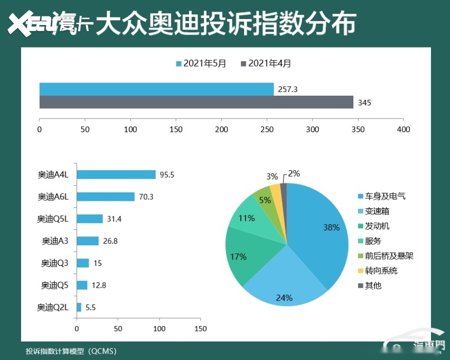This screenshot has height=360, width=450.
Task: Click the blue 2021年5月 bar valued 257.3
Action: click(156, 89)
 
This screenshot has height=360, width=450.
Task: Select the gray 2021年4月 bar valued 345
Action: click(196, 102)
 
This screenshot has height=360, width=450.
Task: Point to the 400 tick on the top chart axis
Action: click(404, 129)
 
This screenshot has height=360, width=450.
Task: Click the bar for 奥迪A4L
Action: click(116, 174)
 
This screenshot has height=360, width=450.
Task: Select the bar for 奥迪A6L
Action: click(106, 197)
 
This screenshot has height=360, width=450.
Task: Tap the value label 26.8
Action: click(109, 241)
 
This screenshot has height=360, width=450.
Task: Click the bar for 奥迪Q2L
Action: click(79, 307)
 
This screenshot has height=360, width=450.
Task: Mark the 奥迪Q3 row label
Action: click(55, 263)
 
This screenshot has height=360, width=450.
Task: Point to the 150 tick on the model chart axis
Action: click(200, 329)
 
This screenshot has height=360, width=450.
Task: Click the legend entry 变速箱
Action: click(376, 211)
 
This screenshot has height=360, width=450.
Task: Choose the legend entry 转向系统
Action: click(380, 271)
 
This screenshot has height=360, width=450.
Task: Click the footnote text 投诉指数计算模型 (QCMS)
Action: click(71, 351)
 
